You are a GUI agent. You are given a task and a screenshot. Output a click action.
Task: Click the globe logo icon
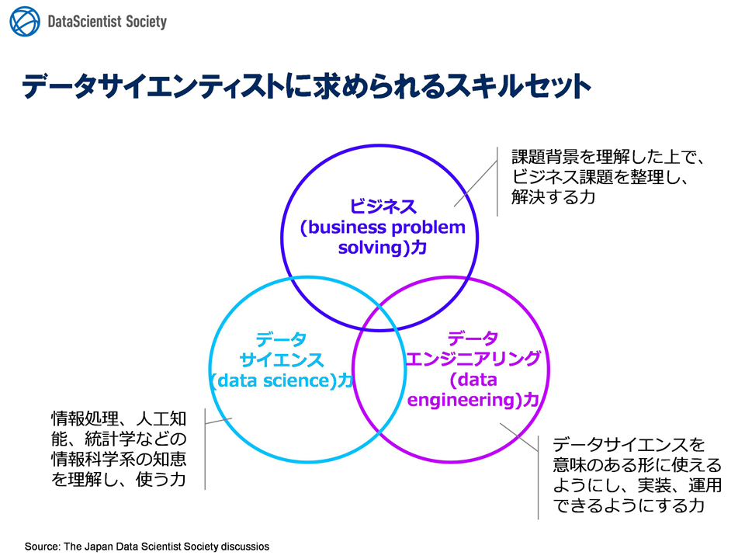tap(25, 22)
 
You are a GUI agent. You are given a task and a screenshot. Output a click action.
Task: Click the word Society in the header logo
tap(147, 22)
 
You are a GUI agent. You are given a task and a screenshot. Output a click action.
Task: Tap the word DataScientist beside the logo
tap(85, 22)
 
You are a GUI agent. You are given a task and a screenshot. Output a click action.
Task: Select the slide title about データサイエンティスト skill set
tap(307, 86)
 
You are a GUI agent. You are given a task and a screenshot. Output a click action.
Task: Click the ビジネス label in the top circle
tap(383, 207)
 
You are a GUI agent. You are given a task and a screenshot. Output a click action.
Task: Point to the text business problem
tap(386, 227)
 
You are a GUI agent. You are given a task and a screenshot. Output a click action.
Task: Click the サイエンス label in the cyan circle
tap(282, 359)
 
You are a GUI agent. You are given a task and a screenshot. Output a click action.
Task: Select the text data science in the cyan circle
tap(273, 380)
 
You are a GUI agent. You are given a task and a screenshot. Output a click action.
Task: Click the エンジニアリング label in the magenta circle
tap(473, 359)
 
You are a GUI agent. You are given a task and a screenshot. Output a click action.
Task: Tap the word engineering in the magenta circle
tap(461, 401)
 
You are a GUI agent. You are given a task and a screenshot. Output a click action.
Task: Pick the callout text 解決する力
tap(553, 196)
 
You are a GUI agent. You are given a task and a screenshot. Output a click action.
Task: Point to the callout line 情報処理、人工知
tap(119, 418)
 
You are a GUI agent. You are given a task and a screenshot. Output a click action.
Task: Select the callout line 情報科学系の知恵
tap(119, 459)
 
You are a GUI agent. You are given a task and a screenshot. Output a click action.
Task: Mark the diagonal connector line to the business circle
tap(476, 183)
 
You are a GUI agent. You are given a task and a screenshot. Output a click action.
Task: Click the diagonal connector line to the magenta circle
tap(519, 437)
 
